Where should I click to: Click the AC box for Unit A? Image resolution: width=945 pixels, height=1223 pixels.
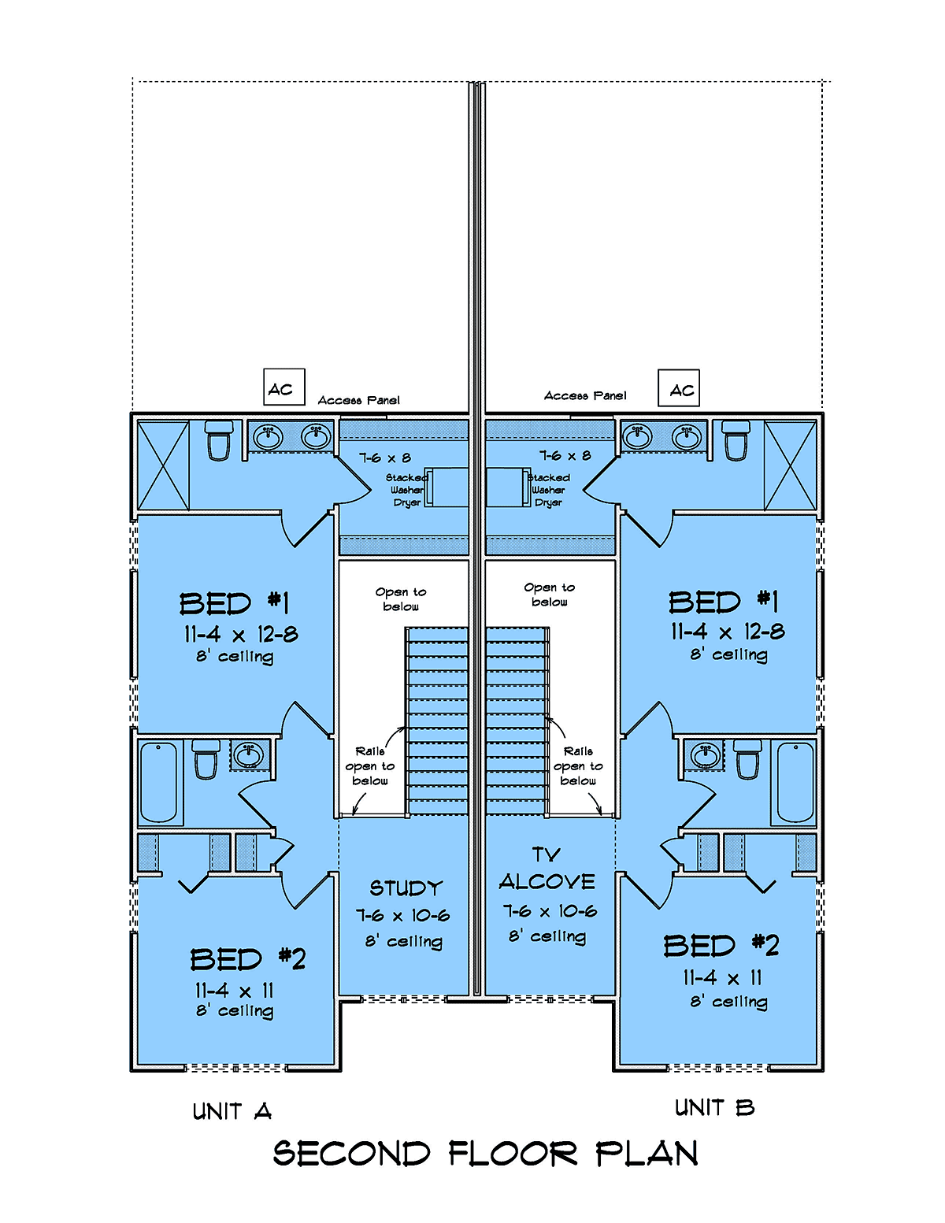(283, 387)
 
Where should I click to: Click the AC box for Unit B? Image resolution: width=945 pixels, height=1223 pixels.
(679, 388)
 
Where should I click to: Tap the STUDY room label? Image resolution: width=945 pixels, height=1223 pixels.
(406, 888)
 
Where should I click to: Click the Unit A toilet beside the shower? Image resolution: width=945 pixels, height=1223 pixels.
(218, 440)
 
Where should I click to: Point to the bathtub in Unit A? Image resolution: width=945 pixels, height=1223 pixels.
(159, 781)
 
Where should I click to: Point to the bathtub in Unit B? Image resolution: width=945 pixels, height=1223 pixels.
(795, 781)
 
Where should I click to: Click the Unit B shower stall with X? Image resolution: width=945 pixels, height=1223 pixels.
(790, 465)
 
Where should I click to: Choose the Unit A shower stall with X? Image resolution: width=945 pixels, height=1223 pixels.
(164, 465)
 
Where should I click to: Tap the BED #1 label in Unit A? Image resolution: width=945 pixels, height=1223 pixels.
(235, 604)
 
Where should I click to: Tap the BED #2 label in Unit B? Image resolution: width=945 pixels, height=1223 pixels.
(721, 946)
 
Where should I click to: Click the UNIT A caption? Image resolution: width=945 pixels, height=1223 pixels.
(232, 1111)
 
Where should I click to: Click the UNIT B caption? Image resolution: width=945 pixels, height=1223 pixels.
(714, 1108)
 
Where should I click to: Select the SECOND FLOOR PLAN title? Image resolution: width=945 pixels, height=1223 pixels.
(485, 1154)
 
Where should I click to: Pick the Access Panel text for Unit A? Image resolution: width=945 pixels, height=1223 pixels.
(358, 400)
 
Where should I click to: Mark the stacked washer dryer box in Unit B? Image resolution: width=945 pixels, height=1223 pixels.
(506, 487)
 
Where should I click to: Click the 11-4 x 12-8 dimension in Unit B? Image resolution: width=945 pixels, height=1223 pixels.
(728, 632)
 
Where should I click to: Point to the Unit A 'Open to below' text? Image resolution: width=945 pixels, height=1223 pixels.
(401, 599)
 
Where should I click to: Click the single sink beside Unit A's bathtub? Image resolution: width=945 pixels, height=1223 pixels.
(249, 754)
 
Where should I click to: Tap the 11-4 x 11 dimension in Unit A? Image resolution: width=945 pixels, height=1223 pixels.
(235, 990)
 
